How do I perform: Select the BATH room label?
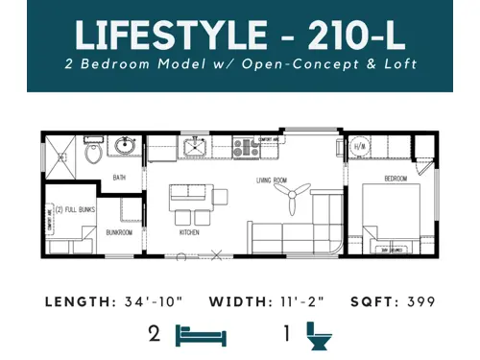(120, 177)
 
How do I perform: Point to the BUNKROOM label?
(119, 230)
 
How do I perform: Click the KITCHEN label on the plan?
(189, 231)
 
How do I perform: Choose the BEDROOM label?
(396, 179)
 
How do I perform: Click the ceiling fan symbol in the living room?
(289, 198)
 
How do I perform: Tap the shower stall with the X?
(61, 153)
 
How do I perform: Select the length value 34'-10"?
(162, 302)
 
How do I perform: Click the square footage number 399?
(420, 302)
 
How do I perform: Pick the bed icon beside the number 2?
(201, 335)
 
